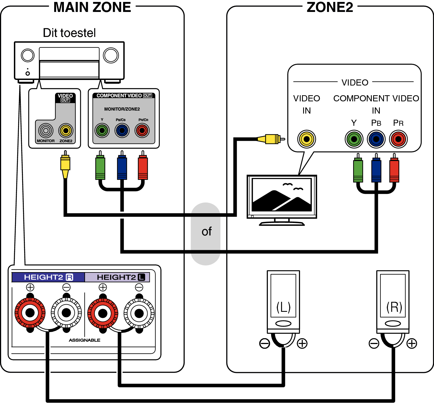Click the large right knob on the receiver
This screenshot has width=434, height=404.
pos(111,55)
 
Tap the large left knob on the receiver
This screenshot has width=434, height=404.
pos(28,55)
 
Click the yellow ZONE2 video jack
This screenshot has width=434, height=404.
pos(66,131)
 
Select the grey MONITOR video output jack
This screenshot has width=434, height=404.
pos(46,131)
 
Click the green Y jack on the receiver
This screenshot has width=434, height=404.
pos(102,131)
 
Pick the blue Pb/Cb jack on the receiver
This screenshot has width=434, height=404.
pos(122,131)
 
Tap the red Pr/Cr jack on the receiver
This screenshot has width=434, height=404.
pos(142,131)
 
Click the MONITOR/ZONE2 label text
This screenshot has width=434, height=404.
pos(122,109)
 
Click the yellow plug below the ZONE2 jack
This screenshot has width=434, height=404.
pos(65,165)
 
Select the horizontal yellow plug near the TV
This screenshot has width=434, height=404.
pos(270,139)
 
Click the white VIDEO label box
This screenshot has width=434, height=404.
pos(355,85)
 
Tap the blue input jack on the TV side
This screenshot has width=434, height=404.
pos(376,139)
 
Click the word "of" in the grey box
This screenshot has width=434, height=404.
pos(206,232)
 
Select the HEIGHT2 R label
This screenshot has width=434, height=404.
pos(48,277)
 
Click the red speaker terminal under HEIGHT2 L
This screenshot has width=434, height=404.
pos(103,313)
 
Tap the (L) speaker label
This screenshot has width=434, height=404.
pos(283,307)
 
